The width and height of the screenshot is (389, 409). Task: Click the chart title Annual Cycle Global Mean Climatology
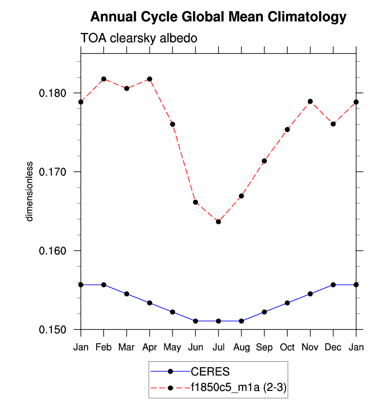pyautogui.click(x=218, y=17)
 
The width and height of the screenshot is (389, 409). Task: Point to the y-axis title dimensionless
pyautogui.click(x=30, y=191)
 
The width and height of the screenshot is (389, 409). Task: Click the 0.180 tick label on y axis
pyautogui.click(x=55, y=93)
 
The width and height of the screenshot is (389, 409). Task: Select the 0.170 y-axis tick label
pyautogui.click(x=55, y=172)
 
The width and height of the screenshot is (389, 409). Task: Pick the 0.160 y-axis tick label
pyautogui.click(x=55, y=251)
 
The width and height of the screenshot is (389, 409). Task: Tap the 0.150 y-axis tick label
pyautogui.click(x=55, y=330)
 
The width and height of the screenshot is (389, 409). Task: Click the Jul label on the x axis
pyautogui.click(x=218, y=347)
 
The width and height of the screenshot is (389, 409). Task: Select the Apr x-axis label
pyautogui.click(x=150, y=347)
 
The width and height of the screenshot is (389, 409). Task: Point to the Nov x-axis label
pyautogui.click(x=310, y=347)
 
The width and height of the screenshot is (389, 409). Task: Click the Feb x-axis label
pyautogui.click(x=103, y=347)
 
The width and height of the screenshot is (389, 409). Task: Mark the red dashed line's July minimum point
pyautogui.click(x=218, y=221)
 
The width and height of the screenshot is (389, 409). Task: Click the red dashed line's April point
pyautogui.click(x=150, y=79)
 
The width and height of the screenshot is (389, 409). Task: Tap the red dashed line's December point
pyautogui.click(x=333, y=124)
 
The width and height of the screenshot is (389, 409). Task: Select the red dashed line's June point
pyautogui.click(x=195, y=202)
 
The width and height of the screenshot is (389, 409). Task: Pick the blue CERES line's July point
pyautogui.click(x=218, y=321)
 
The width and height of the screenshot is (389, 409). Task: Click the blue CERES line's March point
pyautogui.click(x=126, y=294)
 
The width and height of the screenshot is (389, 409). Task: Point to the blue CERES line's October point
pyautogui.click(x=287, y=303)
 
